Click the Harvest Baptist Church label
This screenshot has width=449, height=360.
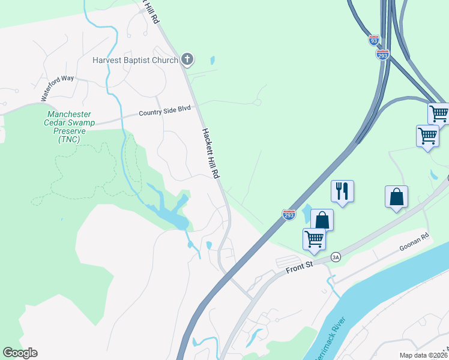pos(135,60)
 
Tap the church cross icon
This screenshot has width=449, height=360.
pos(187,59)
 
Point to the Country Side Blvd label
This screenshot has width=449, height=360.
pos(164,111)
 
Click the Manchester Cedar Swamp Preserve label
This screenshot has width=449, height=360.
pos(70,127)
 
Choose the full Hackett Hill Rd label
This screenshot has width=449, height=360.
pos(209,154)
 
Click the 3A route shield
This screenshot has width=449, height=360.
pos(336,257)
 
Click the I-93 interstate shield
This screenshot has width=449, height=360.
pos(374,40)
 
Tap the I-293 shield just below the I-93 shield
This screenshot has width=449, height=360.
pos(382,55)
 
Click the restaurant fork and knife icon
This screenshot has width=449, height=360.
pos(342,191)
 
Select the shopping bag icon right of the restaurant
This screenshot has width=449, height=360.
pos(397,196)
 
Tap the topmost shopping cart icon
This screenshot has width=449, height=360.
pos(439,112)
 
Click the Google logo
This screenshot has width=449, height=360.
pos(20,353)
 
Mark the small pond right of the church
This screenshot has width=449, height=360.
pos(212,61)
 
